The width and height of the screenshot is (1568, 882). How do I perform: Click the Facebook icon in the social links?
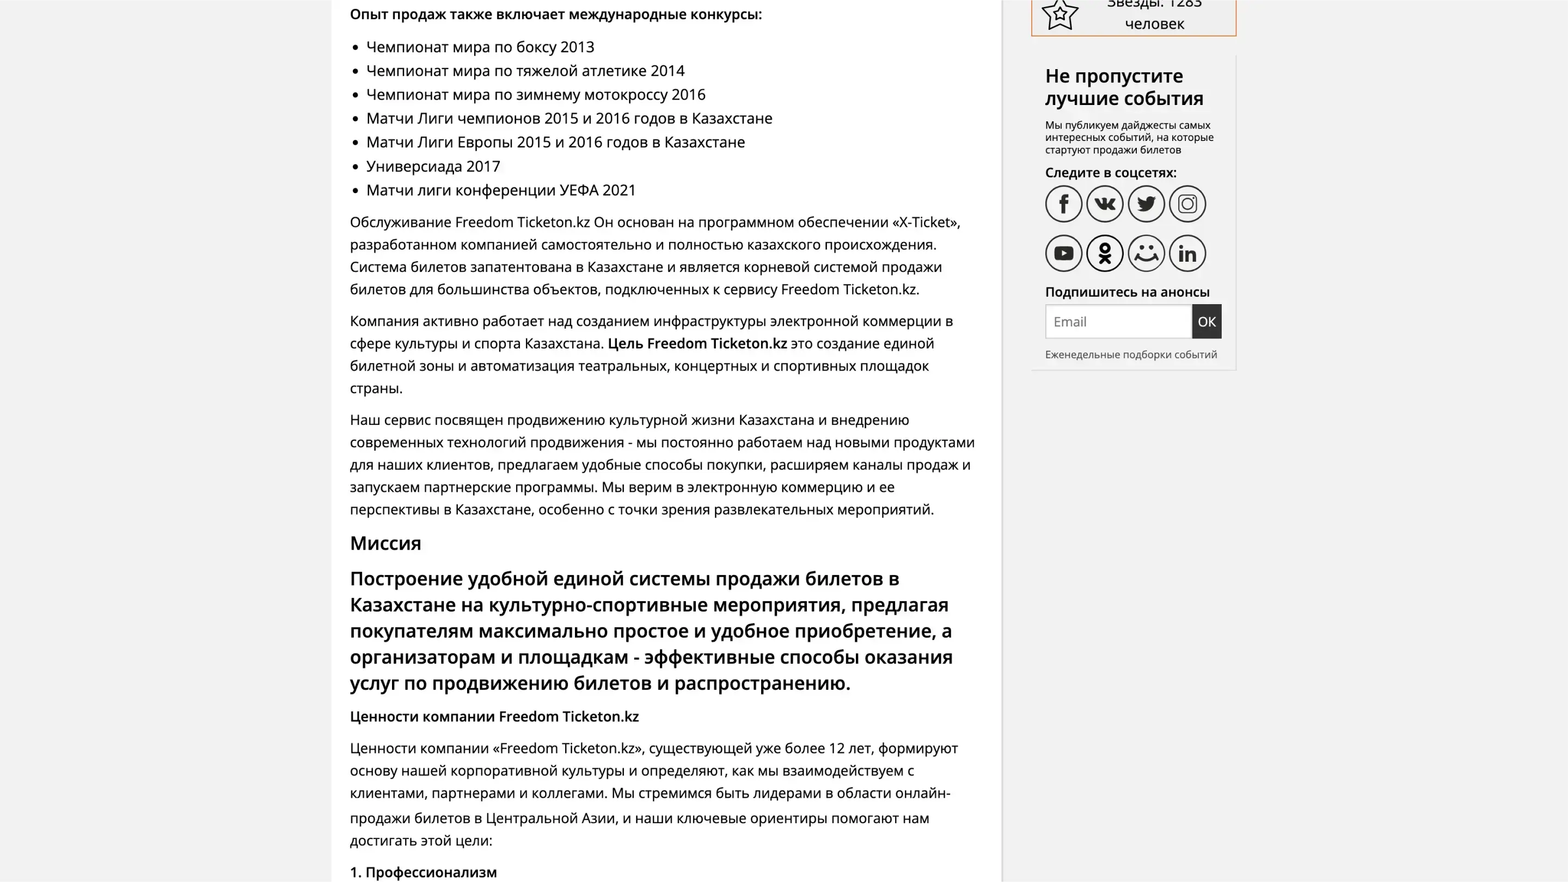pyautogui.click(x=1063, y=204)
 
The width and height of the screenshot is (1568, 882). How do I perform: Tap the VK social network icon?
pyautogui.click(x=1105, y=204)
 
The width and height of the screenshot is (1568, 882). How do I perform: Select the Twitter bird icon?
pyautogui.click(x=1146, y=204)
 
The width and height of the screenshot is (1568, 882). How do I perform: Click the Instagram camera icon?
pyautogui.click(x=1187, y=204)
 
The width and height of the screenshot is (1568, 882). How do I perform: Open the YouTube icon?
pyautogui.click(x=1063, y=253)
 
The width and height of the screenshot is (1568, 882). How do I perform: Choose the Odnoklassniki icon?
pyautogui.click(x=1105, y=253)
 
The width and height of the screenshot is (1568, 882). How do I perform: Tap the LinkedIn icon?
pyautogui.click(x=1187, y=253)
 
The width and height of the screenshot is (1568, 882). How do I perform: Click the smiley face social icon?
pyautogui.click(x=1146, y=253)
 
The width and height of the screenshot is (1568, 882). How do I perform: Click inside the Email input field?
pyautogui.click(x=1118, y=322)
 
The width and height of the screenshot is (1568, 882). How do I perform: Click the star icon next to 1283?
pyautogui.click(x=1059, y=14)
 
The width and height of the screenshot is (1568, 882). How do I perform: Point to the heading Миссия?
pyautogui.click(x=385, y=543)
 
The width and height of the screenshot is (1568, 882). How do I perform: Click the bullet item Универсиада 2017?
pyautogui.click(x=433, y=166)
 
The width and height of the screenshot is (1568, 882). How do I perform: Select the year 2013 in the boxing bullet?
pyautogui.click(x=577, y=47)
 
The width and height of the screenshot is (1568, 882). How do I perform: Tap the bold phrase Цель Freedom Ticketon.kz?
pyautogui.click(x=697, y=344)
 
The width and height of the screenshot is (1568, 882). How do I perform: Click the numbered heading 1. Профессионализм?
pyautogui.click(x=424, y=872)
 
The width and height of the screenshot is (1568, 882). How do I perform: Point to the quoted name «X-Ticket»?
pyautogui.click(x=924, y=223)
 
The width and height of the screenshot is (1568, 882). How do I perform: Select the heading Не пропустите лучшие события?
pyautogui.click(x=1124, y=87)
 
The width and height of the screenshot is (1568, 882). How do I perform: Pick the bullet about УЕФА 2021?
pyautogui.click(x=501, y=190)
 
